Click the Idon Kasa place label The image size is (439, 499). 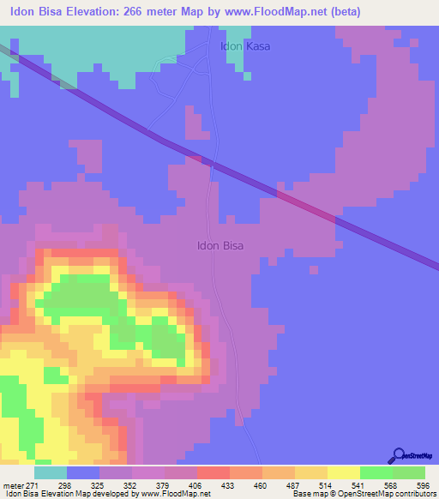tap(246, 46)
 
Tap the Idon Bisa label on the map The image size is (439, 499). tap(220, 245)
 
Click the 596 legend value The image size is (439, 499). tap(424, 485)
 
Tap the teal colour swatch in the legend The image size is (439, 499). tap(50, 472)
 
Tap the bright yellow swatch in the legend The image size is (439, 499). tap(343, 472)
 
